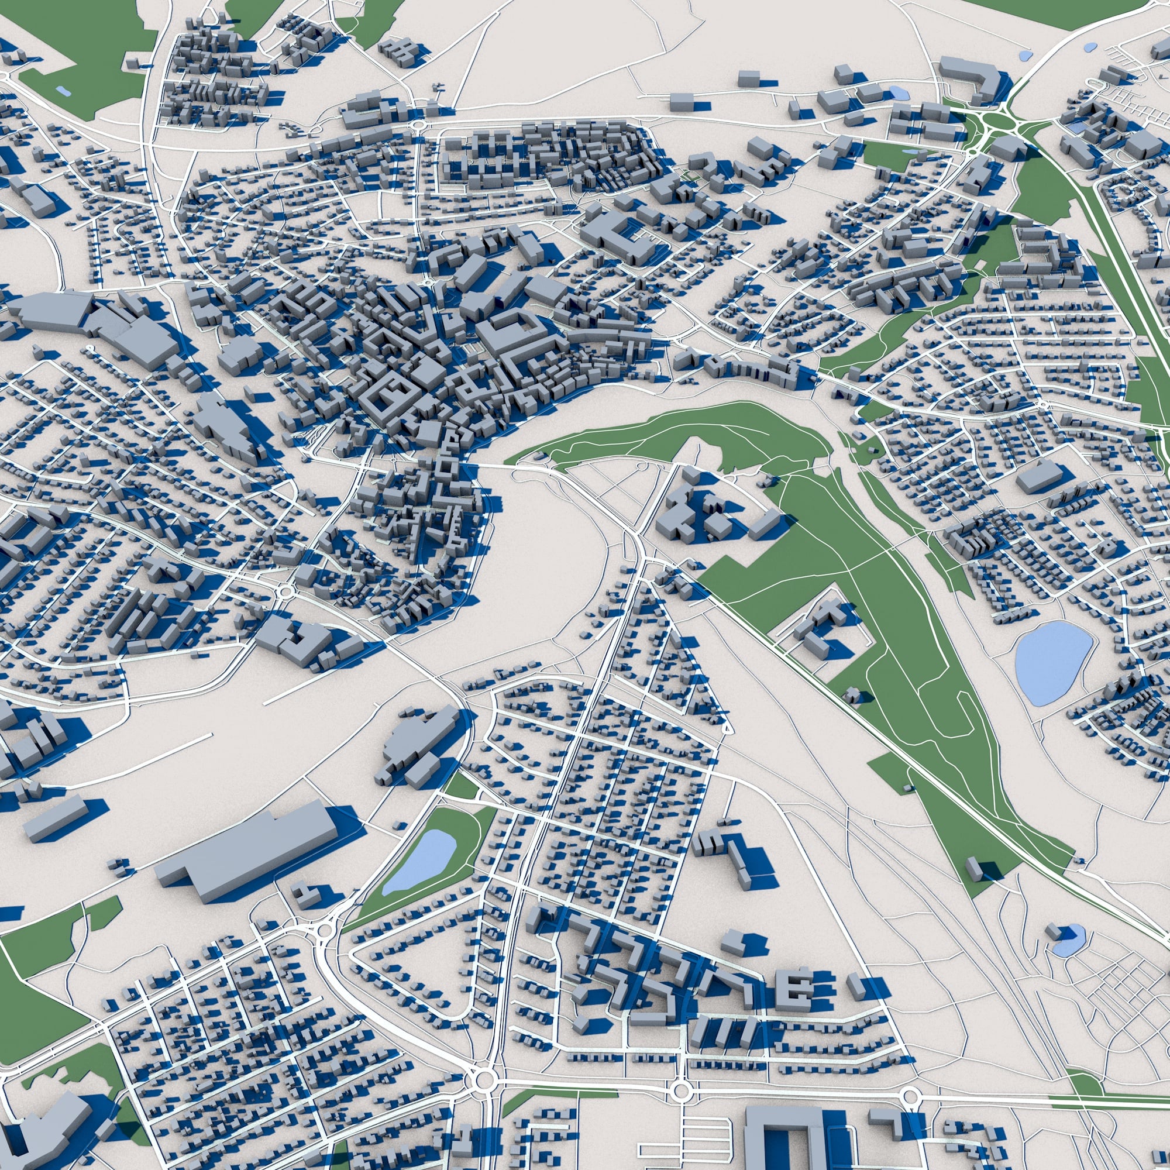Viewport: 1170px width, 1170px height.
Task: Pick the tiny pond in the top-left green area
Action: click(x=62, y=91)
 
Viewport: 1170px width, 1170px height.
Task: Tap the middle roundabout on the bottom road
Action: click(x=681, y=1076)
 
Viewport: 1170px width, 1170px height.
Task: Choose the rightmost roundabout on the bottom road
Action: click(x=909, y=1079)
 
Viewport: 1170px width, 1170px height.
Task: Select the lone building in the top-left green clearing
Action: click(x=133, y=63)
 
